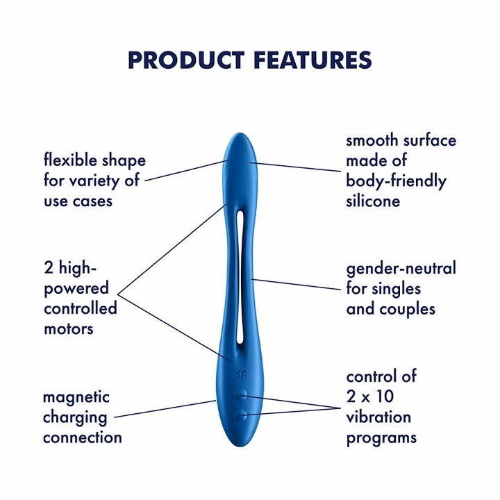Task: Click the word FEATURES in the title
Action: [x=312, y=60]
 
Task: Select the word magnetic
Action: [x=76, y=397]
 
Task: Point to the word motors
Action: [x=68, y=328]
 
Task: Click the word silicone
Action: [x=374, y=201]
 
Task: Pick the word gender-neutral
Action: [x=401, y=268]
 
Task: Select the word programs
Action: [x=381, y=437]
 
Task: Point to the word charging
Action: [x=75, y=417]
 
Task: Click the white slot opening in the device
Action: [x=240, y=278]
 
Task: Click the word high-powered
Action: [x=76, y=278]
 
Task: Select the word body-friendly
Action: [x=396, y=181]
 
